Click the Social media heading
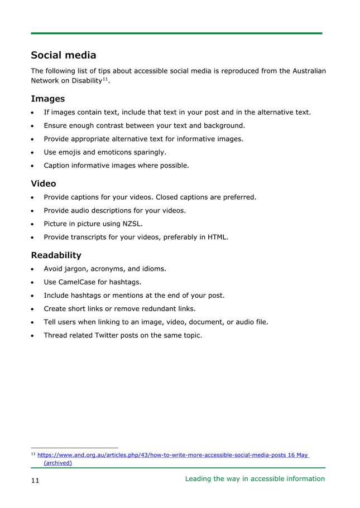[x=63, y=55]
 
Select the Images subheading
[x=47, y=99]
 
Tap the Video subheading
[x=43, y=183]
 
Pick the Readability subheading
[x=56, y=255]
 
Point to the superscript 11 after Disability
[x=105, y=79]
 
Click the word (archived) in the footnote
[x=57, y=463]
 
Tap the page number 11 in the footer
[x=35, y=481]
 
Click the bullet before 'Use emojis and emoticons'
[x=34, y=152]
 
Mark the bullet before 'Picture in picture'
[x=34, y=224]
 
